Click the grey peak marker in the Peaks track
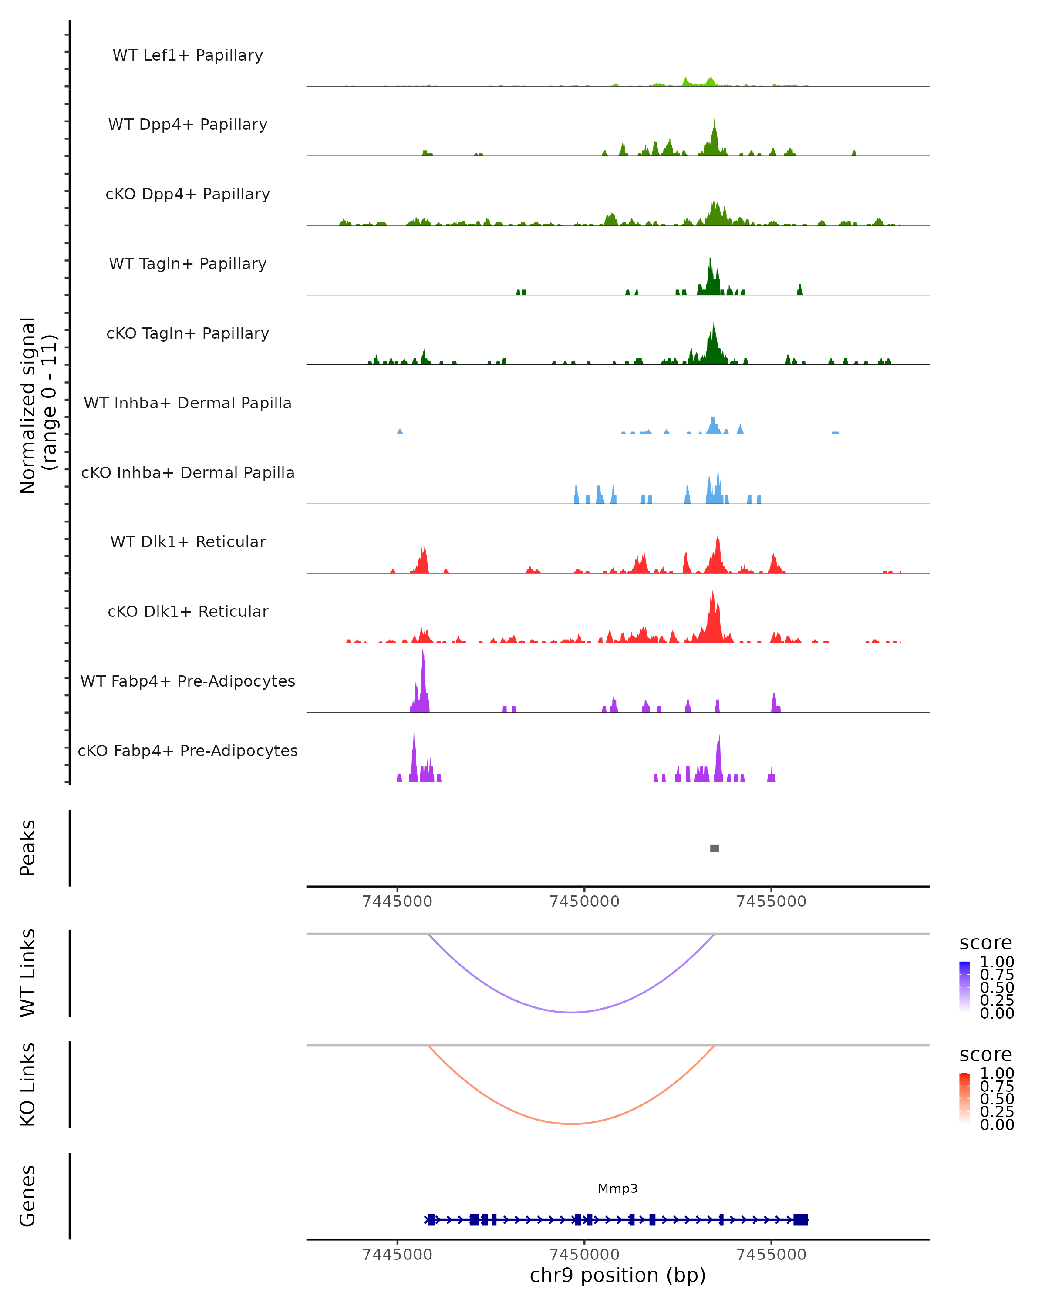pyautogui.click(x=714, y=848)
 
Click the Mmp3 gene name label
pyautogui.click(x=617, y=1188)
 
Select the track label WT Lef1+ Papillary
pyautogui.click(x=188, y=55)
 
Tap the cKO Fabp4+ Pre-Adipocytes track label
pyautogui.click(x=188, y=751)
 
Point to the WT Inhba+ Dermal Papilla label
pyautogui.click(x=188, y=403)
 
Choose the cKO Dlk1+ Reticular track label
pyautogui.click(x=188, y=611)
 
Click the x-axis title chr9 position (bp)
pyautogui.click(x=617, y=1275)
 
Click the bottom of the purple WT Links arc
pyautogui.click(x=571, y=1012)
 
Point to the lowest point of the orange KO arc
pyautogui.click(x=571, y=1124)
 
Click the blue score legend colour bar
pyautogui.click(x=964, y=987)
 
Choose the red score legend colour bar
pyautogui.click(x=964, y=1098)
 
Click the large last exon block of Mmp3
pyautogui.click(x=800, y=1220)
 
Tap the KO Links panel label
pyautogui.click(x=28, y=1084)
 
